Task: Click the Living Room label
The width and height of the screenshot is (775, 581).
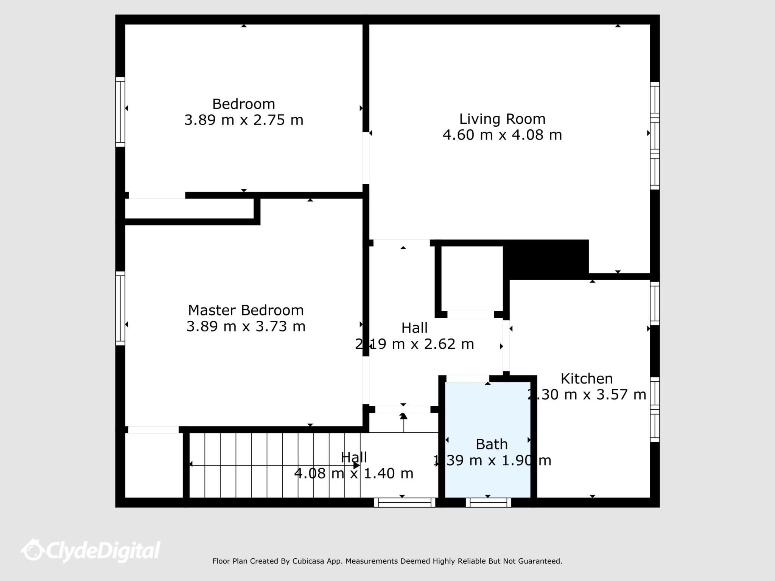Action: pos(502,119)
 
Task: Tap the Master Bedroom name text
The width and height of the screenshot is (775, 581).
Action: pos(246,311)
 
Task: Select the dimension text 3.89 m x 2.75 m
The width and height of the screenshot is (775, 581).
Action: pos(244,120)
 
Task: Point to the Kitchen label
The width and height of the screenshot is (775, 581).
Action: pos(586,379)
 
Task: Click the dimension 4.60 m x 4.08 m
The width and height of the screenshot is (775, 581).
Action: pos(502,135)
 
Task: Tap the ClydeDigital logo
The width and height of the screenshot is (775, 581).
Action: pos(91,550)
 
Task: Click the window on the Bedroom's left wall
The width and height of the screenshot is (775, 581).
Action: pos(120,112)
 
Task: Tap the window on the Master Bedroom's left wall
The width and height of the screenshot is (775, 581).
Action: pos(120,308)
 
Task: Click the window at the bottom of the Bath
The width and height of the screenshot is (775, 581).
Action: pos(488,502)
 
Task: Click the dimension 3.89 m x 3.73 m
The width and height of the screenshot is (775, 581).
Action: pos(246,326)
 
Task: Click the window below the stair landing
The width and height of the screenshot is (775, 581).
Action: pos(405,502)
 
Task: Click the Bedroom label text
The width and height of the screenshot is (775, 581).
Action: pos(243,104)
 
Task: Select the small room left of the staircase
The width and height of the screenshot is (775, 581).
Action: pos(154,465)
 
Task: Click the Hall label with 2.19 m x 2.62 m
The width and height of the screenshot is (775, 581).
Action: pos(414,328)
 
